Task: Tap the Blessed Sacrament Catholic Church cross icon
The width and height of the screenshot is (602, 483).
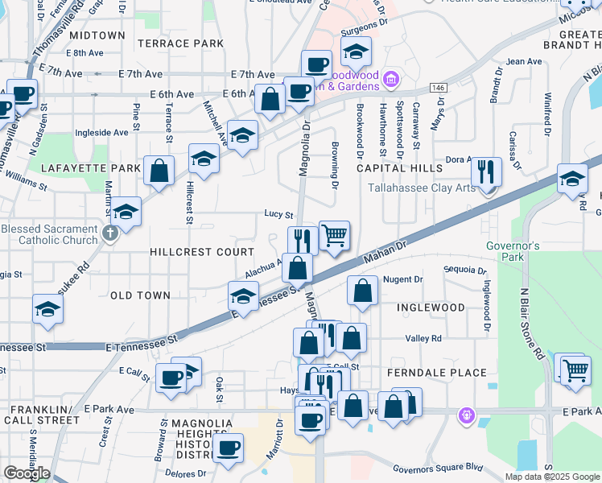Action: click(111, 233)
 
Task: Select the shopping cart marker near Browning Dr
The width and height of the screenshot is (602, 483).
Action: click(334, 237)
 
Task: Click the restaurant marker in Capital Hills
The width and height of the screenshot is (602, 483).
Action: click(486, 172)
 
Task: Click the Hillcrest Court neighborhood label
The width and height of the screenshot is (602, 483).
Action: click(202, 252)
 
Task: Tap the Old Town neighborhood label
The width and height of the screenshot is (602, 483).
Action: click(140, 295)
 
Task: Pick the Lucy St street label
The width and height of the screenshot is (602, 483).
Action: click(278, 214)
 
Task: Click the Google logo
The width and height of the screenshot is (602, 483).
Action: click(26, 473)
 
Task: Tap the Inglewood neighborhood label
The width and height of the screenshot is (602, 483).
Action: click(431, 308)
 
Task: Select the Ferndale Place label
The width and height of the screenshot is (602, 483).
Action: click(437, 373)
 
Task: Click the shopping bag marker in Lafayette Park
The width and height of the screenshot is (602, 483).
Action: click(159, 171)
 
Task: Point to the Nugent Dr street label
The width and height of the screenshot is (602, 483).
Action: click(403, 279)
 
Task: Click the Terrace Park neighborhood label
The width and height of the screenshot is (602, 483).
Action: click(180, 43)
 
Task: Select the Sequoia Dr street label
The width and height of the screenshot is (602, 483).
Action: click(465, 270)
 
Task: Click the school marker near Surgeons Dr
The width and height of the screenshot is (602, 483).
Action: click(355, 53)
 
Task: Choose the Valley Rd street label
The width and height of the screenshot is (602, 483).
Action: click(424, 339)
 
